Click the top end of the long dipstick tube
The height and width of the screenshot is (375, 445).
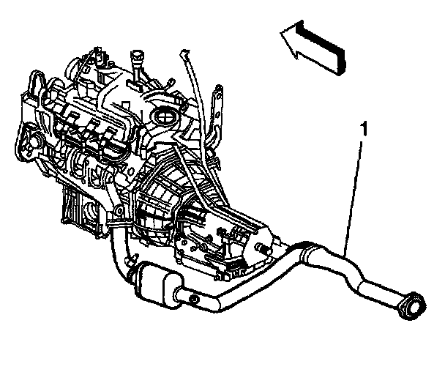tap(183, 53)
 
